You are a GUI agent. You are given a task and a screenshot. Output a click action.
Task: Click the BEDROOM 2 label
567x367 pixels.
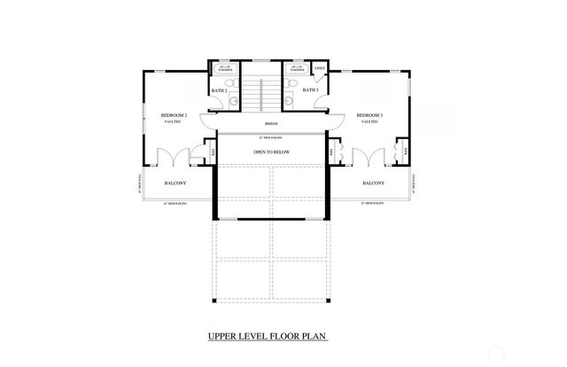pos(173,115)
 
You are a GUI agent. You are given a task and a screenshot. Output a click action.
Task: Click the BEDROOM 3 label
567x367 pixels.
pos(369,115)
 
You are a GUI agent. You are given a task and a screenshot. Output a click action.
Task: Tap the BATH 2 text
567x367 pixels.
pos(220,90)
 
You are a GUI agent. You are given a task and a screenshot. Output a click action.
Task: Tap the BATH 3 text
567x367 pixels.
pos(310,90)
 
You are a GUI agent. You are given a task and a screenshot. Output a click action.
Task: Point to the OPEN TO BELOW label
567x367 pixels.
pos(272,152)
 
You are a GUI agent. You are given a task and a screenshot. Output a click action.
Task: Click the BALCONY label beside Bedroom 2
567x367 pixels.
pos(175,183)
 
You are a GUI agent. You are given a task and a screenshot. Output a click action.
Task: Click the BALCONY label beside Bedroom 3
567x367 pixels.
pos(373,183)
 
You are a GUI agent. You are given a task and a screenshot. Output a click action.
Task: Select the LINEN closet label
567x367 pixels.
pos(320,67)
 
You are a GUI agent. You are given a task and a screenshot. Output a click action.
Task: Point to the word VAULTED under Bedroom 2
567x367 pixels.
pos(173,122)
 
